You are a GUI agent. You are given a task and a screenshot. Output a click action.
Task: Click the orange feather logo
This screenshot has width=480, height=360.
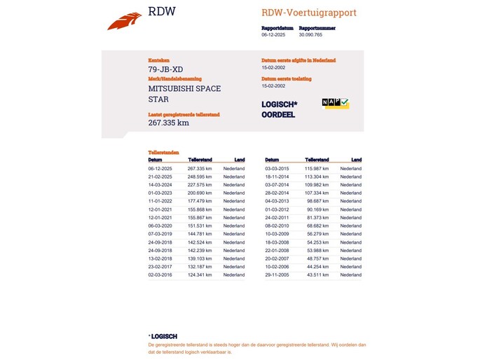124,21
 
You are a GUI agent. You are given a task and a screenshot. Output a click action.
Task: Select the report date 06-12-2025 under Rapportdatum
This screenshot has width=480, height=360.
273,34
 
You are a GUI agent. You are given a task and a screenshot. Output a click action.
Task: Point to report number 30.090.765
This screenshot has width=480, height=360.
310,34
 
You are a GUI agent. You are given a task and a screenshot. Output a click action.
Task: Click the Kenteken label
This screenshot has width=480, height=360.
158,60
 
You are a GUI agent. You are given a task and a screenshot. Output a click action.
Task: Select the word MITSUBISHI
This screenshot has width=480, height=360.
171,89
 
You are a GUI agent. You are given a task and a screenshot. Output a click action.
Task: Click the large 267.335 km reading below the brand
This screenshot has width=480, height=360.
168,123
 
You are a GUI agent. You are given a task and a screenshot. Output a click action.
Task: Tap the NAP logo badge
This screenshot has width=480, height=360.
335,103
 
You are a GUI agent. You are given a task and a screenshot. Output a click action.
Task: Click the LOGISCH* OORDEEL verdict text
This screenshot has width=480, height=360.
279,109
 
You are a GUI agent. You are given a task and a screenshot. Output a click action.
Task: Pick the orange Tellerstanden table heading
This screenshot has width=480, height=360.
163,152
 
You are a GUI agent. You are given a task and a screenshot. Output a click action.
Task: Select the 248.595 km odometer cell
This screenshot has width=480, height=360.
200,176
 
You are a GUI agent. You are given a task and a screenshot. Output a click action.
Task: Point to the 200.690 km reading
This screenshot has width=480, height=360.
200,193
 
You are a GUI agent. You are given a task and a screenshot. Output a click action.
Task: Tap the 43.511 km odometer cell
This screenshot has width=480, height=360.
317,275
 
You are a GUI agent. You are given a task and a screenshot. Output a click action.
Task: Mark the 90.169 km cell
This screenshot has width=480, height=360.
317,209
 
